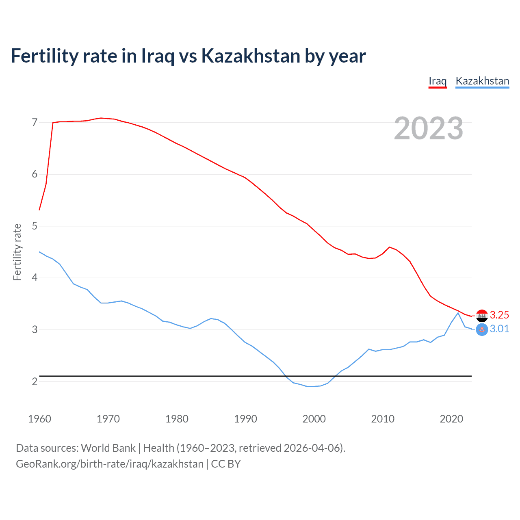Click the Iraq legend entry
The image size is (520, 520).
tap(438, 81)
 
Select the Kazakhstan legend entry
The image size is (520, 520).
tap(482, 81)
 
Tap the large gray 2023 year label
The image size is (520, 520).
tap(429, 128)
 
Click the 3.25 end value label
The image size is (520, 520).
tap(499, 315)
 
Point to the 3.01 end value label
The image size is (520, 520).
tap(499, 329)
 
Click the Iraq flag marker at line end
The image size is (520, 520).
tap(482, 315)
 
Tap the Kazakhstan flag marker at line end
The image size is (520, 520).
tap(482, 329)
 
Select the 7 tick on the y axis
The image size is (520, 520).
tap(35, 122)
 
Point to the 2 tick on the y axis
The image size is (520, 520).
tap(35, 381)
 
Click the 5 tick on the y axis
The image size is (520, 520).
tap(35, 226)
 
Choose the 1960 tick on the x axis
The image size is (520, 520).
tap(39, 419)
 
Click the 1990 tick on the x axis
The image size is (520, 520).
tap(245, 419)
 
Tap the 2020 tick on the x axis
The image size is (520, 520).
tap(451, 419)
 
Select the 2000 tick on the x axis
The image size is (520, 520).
tap(314, 419)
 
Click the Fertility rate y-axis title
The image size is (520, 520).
tap(17, 252)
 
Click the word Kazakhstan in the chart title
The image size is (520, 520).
tap(251, 56)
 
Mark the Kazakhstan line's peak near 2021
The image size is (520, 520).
tap(458, 312)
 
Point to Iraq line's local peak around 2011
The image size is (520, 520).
tap(390, 247)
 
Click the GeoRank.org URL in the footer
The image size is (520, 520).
tap(110, 464)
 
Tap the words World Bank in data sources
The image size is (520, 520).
tap(108, 448)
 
